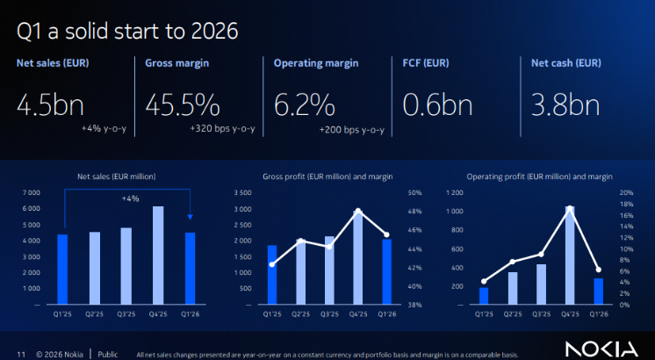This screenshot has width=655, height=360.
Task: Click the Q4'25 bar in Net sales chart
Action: click(x=158, y=256)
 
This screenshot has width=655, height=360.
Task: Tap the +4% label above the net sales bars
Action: click(x=130, y=198)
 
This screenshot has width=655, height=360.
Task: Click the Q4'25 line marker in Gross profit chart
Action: click(x=358, y=211)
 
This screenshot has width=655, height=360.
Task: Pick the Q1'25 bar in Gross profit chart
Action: click(x=272, y=275)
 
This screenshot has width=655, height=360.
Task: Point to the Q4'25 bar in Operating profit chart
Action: click(x=571, y=256)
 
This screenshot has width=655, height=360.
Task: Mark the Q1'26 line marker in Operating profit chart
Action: click(x=598, y=269)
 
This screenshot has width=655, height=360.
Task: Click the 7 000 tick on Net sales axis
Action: click(x=31, y=192)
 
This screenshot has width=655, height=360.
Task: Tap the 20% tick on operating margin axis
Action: click(x=627, y=192)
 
